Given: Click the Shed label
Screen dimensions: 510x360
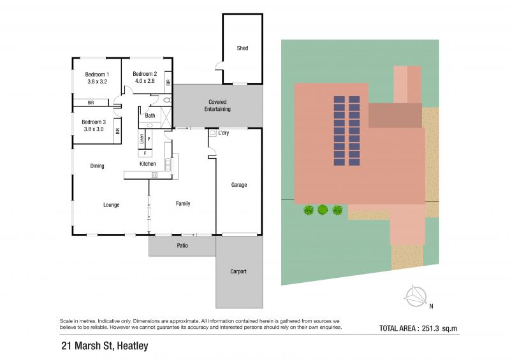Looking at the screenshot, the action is point(242,48).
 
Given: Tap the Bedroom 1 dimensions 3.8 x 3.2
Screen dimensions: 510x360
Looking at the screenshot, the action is point(98,82).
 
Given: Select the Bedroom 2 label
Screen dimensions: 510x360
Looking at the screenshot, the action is point(145,74).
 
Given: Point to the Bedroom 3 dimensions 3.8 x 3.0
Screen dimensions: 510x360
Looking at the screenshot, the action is point(94,129).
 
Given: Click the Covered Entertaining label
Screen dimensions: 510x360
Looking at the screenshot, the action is point(217,106).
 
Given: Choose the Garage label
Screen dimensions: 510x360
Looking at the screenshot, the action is point(239,185).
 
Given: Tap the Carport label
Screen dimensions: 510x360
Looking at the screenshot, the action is point(238,271).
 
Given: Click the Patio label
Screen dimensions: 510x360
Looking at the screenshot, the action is point(182,245).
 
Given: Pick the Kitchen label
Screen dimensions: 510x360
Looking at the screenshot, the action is point(148,164).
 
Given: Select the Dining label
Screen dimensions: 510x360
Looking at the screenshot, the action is point(98,166).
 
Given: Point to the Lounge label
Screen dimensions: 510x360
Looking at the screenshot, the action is point(111,205).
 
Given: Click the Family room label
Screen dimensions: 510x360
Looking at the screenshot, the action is point(183,204).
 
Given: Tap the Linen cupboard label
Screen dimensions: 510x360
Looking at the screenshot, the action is point(142,139).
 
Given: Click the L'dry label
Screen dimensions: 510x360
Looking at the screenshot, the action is point(224,133).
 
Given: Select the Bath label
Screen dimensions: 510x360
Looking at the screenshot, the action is point(150,115).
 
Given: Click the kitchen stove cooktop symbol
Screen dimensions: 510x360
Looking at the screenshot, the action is point(154,175).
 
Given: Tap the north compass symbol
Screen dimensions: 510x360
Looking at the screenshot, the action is point(416,296).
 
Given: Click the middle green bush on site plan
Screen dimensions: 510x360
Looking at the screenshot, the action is point(323,210).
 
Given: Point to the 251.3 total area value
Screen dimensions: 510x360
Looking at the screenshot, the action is point(431,328).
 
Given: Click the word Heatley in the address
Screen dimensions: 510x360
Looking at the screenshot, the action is point(133,346).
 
